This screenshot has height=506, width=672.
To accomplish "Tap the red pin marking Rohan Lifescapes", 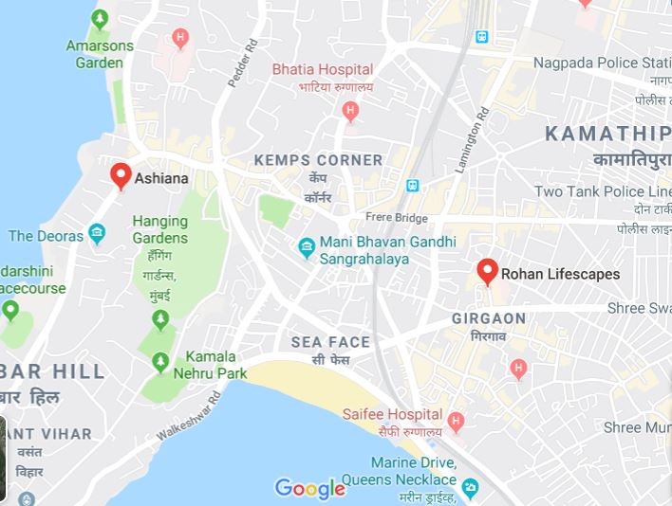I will tap(488, 272).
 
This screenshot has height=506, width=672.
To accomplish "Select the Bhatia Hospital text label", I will tap(321, 69).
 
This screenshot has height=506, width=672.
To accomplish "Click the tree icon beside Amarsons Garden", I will tap(101, 19).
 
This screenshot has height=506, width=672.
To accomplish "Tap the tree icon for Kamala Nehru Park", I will tap(159, 363).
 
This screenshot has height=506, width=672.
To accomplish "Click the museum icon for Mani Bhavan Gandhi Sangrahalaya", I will tap(306, 248).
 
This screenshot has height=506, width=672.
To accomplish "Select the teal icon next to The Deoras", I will tap(96, 233).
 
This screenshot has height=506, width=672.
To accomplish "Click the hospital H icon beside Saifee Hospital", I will tap(457, 420).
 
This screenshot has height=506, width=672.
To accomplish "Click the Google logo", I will tap(309, 488).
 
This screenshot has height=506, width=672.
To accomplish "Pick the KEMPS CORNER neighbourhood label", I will tap(318, 160).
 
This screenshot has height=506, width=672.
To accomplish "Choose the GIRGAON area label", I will tap(489, 317).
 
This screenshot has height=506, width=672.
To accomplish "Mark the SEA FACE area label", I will tap(330, 342).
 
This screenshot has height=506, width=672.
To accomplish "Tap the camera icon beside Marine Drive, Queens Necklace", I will tap(472, 487).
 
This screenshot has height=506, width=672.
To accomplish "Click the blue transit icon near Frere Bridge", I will tap(413, 186).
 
